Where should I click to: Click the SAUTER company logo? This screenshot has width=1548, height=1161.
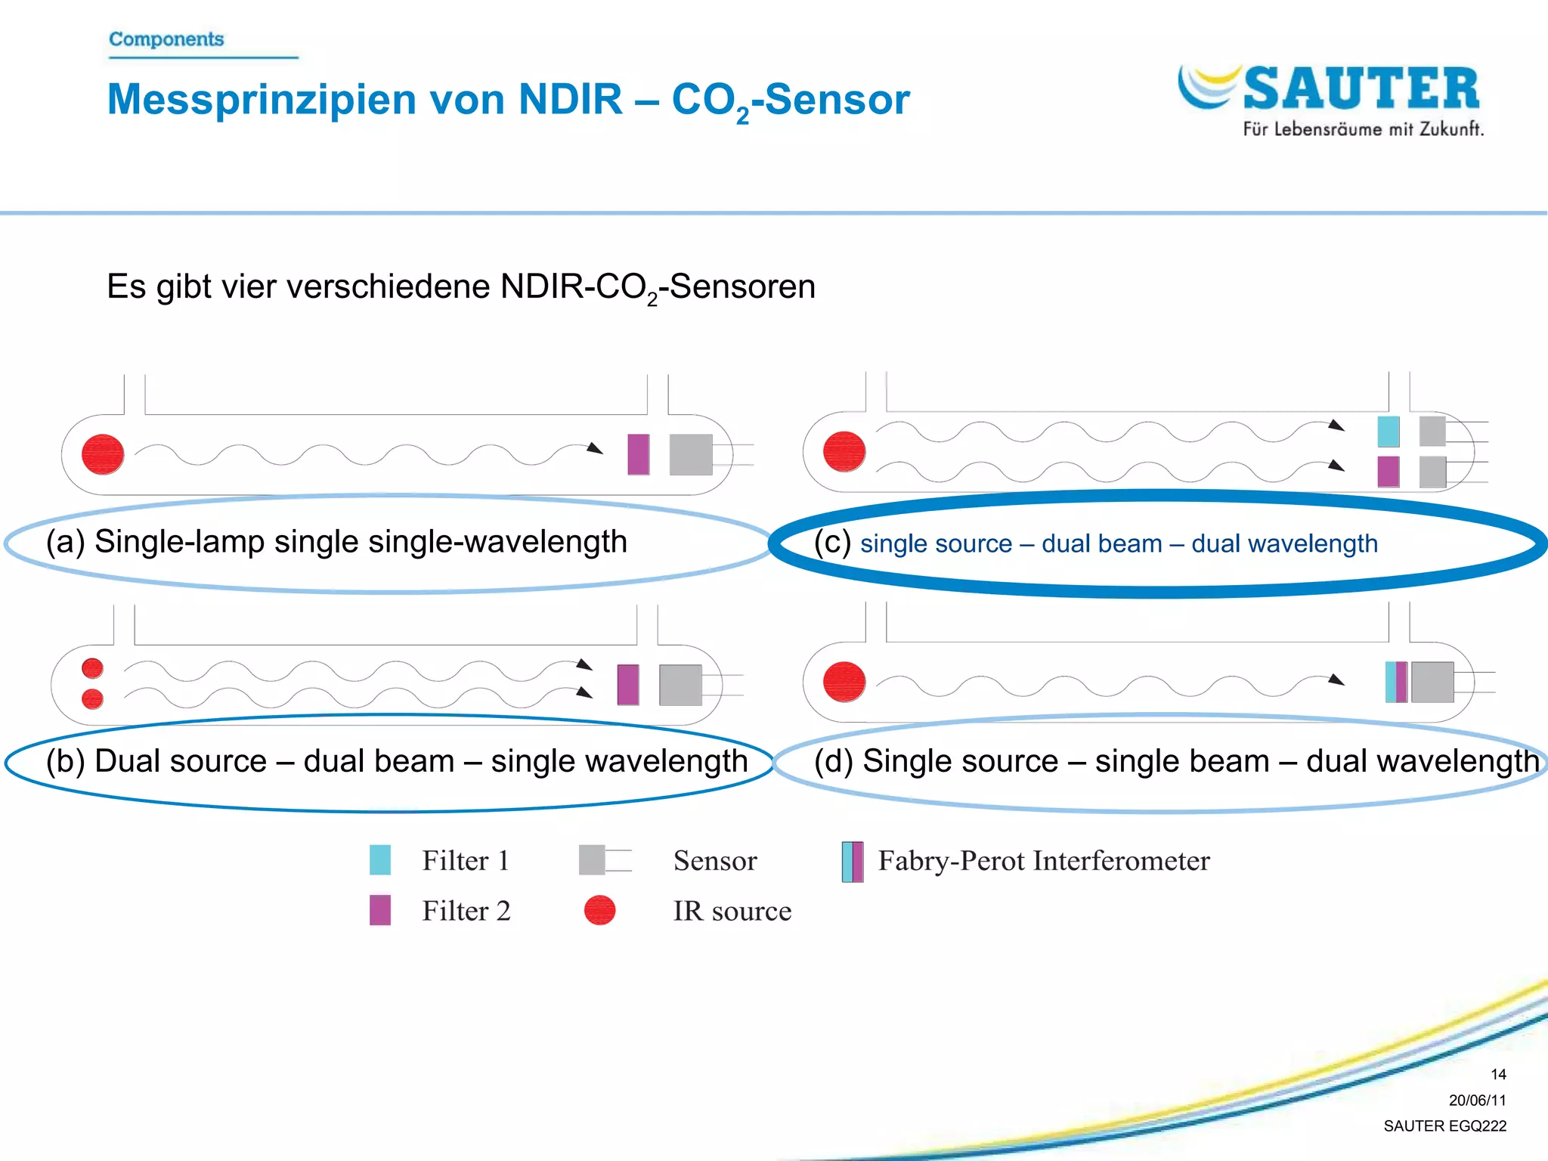(x=1330, y=98)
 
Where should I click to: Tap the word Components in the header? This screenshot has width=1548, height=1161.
(x=166, y=39)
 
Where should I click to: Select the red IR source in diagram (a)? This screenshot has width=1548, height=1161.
(x=103, y=454)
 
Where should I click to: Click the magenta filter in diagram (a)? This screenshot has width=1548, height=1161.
(x=639, y=454)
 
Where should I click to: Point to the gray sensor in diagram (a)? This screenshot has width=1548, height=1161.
(x=691, y=454)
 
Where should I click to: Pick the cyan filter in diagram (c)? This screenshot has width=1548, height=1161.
(x=1389, y=432)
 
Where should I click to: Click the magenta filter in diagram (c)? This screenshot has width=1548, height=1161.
(x=1389, y=472)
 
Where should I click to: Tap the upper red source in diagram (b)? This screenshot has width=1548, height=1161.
(x=92, y=668)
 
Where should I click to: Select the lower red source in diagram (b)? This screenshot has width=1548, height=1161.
(x=92, y=699)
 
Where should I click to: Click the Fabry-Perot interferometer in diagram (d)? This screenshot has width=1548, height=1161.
(x=1396, y=682)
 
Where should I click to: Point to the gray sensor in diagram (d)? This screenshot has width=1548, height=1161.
(x=1432, y=682)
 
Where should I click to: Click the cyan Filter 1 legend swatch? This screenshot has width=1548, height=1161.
(x=380, y=860)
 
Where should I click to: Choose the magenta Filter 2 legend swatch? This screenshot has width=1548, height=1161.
(x=380, y=910)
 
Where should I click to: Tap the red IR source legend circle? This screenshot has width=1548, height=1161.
(x=600, y=910)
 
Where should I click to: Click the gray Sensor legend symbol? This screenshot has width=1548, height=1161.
(x=593, y=860)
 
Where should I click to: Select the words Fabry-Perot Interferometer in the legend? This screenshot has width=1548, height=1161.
(x=1044, y=861)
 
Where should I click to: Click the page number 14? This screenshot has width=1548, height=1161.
(x=1498, y=1074)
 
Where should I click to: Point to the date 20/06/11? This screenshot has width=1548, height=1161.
(x=1477, y=1101)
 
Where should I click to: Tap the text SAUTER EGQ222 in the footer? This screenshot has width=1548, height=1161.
(x=1444, y=1126)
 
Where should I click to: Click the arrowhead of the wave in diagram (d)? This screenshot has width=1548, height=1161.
(x=1336, y=680)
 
